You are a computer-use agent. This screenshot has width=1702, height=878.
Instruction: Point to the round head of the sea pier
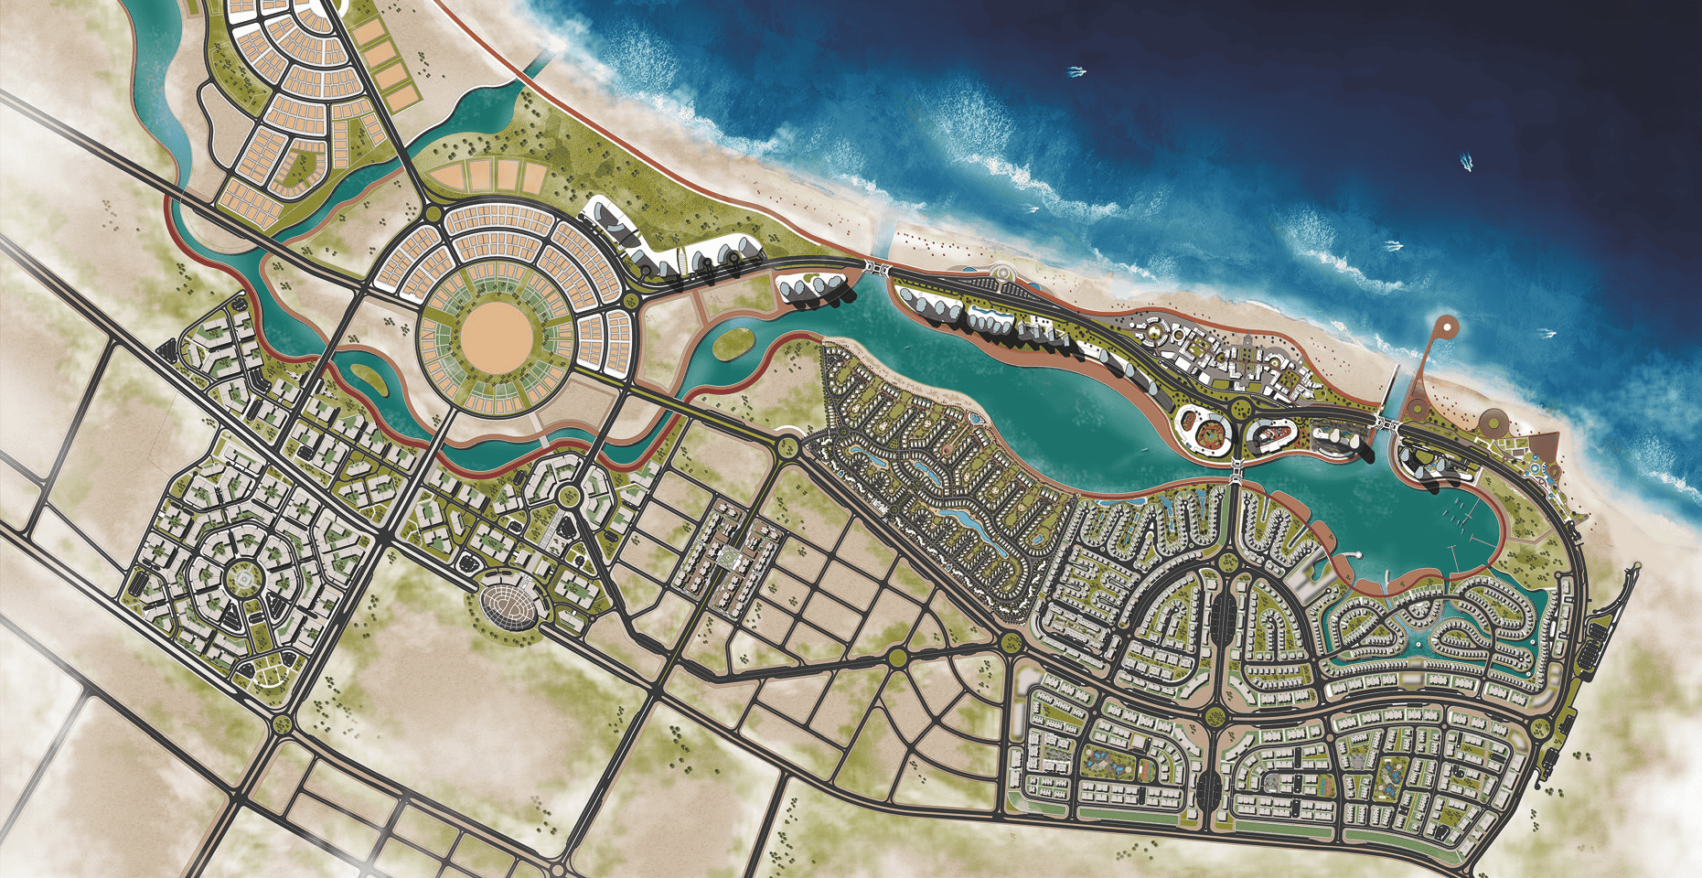[x=1446, y=325]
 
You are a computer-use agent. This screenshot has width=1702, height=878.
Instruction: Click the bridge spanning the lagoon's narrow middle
[x=1234, y=468]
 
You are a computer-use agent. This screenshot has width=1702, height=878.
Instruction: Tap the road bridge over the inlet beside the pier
[x=1386, y=423]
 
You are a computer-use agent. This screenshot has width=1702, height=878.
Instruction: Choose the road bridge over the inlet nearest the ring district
[x=880, y=267]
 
